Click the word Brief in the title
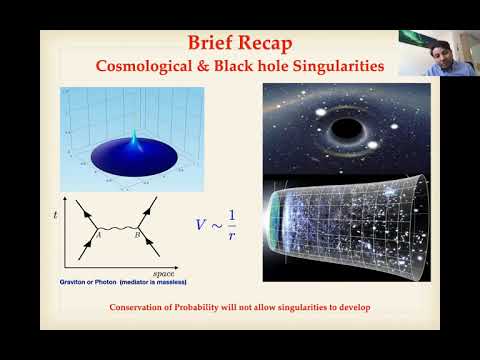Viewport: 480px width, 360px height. coord(211,42)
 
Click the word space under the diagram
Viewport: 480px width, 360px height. coord(164,272)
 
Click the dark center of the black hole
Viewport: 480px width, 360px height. coord(348,129)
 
